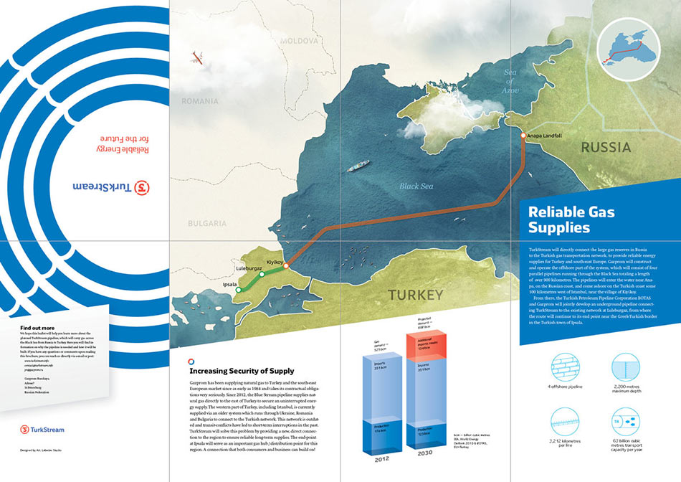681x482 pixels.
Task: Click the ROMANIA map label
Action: point(199,101)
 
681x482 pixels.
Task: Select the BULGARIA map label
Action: point(207,223)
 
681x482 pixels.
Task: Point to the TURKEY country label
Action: point(416,294)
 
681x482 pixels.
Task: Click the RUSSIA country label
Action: point(606,148)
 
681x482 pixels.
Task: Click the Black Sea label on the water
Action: point(416,186)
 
